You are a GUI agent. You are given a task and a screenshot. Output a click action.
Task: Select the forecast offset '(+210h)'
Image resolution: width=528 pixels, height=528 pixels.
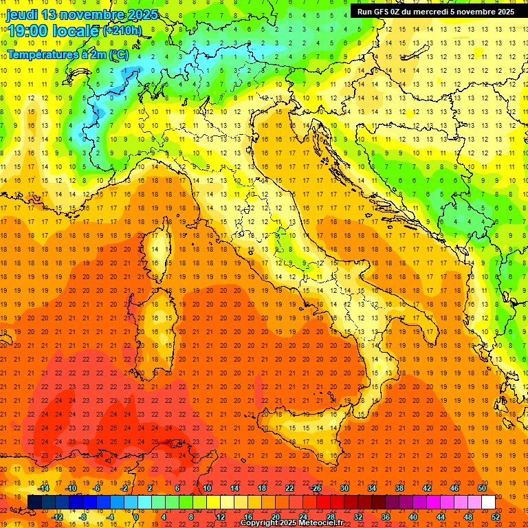tap(122, 30)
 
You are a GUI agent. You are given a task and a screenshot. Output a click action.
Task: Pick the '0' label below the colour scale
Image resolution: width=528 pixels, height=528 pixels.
tap(136, 517)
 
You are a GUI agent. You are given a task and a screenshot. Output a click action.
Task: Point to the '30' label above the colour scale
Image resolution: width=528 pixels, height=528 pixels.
tap(344, 488)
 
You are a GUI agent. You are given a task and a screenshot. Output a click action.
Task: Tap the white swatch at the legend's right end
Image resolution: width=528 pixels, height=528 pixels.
tap(488, 503)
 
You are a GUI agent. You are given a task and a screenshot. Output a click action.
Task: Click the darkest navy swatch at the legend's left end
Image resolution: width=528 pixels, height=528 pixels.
tap(35, 503)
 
